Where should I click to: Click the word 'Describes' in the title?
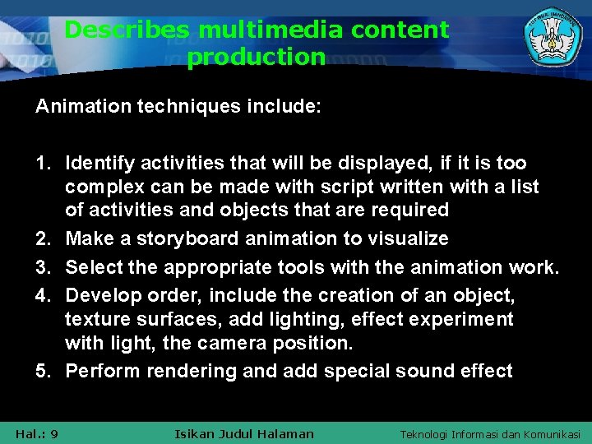[x=126, y=30]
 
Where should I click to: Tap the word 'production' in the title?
[x=257, y=58]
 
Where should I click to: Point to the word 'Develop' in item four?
[x=99, y=295]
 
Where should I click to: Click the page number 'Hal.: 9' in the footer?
[x=36, y=433]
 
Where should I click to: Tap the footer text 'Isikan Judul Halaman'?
[x=244, y=433]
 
